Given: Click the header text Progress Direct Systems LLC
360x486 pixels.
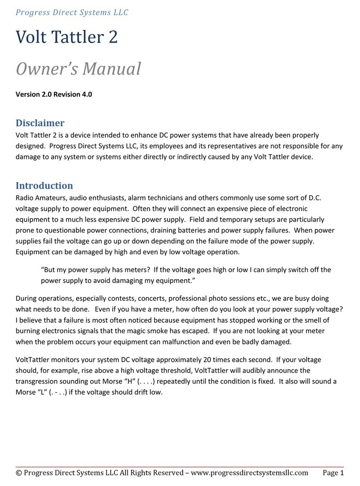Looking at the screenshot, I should pos(72,12).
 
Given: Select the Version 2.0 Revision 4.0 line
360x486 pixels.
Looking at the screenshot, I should pos(54,94).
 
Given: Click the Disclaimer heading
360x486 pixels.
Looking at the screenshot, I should pos(40,123).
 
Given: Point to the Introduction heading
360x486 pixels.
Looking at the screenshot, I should pos(44,185).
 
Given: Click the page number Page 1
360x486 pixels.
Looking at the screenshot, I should pos(333,473).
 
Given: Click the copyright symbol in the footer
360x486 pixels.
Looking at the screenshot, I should pos(19,473).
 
